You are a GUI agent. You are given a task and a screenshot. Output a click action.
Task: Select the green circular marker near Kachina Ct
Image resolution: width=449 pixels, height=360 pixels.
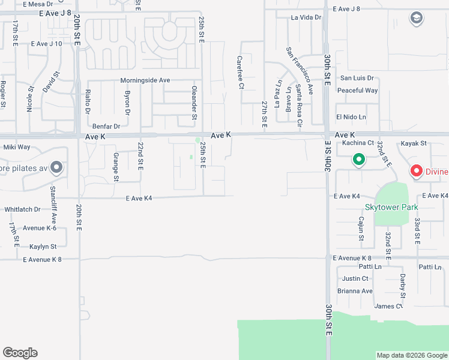pyautogui.click(x=359, y=160)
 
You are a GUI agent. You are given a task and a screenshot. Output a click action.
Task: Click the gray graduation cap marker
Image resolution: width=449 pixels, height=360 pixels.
pyautogui.click(x=416, y=19)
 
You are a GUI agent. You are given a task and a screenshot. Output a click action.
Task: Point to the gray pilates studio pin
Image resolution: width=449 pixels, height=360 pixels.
pyautogui.click(x=56, y=167)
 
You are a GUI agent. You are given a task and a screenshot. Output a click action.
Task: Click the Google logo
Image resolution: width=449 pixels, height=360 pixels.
pyautogui.click(x=20, y=353)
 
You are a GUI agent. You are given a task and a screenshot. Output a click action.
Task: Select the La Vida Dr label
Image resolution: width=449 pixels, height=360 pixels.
pyautogui.click(x=306, y=17)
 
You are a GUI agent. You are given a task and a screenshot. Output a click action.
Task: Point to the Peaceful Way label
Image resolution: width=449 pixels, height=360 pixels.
pyautogui.click(x=357, y=91)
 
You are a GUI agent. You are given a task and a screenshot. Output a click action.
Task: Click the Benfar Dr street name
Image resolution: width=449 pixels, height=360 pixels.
pyautogui.click(x=106, y=127)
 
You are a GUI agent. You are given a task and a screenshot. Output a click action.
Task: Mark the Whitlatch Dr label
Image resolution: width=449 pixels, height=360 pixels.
pyautogui.click(x=22, y=209)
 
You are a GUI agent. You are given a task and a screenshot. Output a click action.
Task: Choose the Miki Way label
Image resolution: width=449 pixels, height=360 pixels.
pyautogui.click(x=17, y=147)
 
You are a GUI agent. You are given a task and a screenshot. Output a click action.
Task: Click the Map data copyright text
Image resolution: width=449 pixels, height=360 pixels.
pyautogui.click(x=412, y=355)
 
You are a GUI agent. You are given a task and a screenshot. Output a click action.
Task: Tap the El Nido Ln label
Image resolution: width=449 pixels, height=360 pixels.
pyautogui.click(x=351, y=116)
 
